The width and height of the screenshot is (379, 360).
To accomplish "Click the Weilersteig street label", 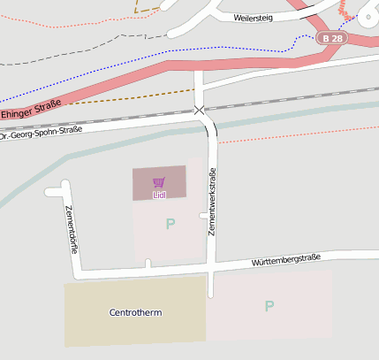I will pos(254,16).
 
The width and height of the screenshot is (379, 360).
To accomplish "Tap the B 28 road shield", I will pos(333,39).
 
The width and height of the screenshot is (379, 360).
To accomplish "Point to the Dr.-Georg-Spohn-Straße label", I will pos(41,134).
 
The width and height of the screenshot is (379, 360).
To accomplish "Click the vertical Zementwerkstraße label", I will pos(213,202).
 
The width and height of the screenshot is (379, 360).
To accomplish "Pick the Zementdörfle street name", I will pos(72,229).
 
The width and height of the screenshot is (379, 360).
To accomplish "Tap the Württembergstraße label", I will pos(284,260).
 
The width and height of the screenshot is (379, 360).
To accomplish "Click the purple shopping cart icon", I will pos(159,181).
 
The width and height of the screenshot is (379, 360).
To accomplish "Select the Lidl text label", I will pos(159,194).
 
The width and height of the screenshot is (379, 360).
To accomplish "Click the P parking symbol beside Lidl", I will pos(170,225).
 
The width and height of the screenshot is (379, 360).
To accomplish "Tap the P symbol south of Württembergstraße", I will pos(269,307).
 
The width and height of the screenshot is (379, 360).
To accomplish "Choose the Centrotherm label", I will pos(135,313).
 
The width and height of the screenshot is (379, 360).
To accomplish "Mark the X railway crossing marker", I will pos(199,110).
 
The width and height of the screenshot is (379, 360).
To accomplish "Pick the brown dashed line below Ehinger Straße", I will pos(133,96).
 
